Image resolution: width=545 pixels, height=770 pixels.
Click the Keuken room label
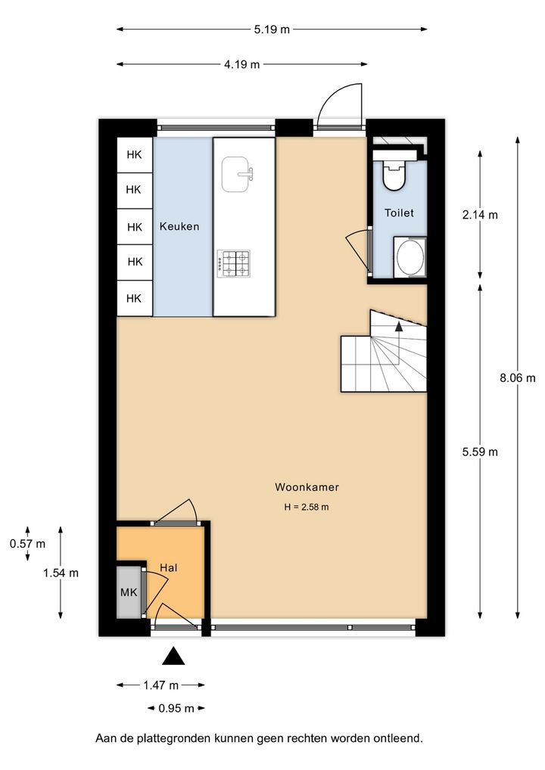click(179, 226)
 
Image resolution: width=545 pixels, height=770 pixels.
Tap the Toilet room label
click(399, 213)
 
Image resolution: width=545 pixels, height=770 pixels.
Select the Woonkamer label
click(307, 487)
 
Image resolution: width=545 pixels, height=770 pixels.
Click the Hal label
click(169, 568)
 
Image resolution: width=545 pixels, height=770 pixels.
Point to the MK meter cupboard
click(129, 592)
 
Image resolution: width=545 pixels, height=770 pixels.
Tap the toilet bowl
click(394, 172)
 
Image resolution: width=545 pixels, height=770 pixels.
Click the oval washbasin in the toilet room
click(410, 257)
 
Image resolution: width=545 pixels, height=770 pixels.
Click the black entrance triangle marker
click(173, 656)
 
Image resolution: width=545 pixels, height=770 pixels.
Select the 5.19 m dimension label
click(272, 29)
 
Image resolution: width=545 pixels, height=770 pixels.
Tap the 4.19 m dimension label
click(241, 64)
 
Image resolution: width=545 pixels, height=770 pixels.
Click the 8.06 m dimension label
click(518, 378)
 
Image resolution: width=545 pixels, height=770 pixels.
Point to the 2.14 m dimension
click(480, 215)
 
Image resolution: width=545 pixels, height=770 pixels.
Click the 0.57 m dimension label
click(27, 544)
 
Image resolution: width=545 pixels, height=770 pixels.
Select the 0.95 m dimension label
click(176, 708)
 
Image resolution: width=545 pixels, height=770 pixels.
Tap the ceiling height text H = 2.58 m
click(306, 508)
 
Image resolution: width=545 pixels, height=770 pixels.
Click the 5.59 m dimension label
click(480, 452)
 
